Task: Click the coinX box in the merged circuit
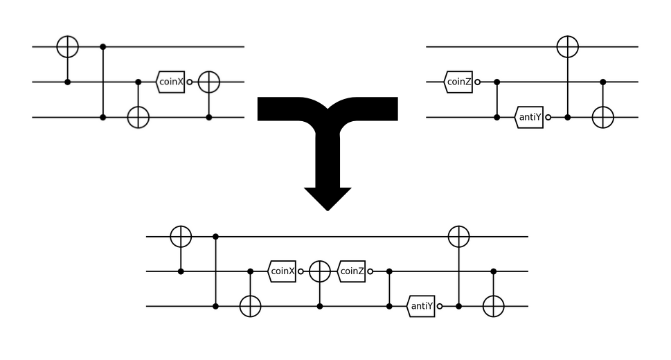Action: click(x=283, y=271)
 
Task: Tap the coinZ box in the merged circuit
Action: click(x=352, y=271)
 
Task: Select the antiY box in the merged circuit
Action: click(x=421, y=307)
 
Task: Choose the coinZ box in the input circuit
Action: click(x=459, y=82)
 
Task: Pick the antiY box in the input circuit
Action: click(x=529, y=118)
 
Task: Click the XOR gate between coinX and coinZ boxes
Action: click(x=319, y=271)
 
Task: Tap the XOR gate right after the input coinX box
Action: click(x=208, y=82)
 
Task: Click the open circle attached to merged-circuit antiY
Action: click(x=439, y=307)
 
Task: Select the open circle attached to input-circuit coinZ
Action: click(x=477, y=82)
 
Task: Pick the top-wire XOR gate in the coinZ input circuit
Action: click(x=568, y=46)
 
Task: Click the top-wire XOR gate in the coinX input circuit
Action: click(x=67, y=46)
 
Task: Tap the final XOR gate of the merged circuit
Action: click(x=493, y=307)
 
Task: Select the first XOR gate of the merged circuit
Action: click(x=181, y=236)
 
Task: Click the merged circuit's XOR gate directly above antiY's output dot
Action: click(x=458, y=236)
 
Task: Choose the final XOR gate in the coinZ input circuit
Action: click(x=603, y=118)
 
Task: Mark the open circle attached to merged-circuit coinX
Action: click(x=301, y=271)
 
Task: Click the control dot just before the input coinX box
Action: click(x=138, y=82)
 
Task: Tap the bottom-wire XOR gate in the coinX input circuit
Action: click(x=138, y=118)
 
